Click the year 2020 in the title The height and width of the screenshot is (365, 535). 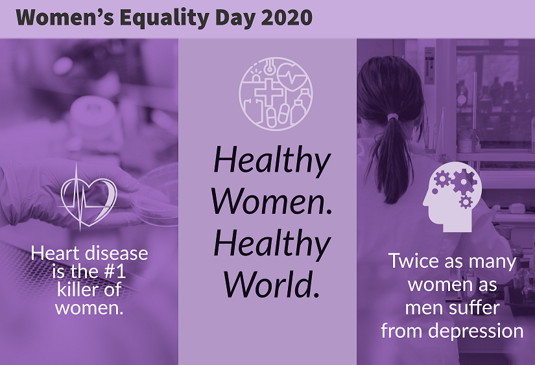[287, 17]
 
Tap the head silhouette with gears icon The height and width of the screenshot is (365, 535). [452, 197]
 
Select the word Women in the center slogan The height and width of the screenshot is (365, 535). [272, 201]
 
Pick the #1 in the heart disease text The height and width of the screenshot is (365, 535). [114, 272]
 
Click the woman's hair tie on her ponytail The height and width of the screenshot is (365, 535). [393, 117]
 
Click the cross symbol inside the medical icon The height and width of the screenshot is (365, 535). [269, 92]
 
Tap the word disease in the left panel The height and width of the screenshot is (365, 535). [116, 253]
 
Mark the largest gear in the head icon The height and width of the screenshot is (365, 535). [463, 182]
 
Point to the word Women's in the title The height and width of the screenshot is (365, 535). [65, 17]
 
